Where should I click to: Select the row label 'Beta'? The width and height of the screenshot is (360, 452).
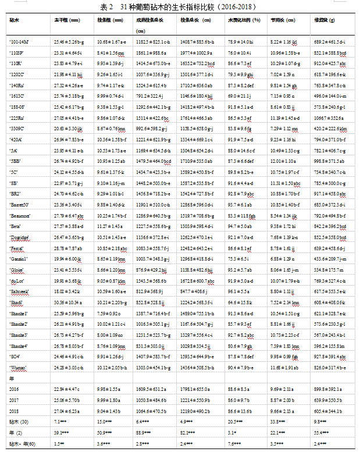[17, 226]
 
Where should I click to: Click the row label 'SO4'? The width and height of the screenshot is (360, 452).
[16, 357]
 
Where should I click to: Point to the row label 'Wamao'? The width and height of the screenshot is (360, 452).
[19, 367]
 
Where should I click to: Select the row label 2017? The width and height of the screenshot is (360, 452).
[15, 400]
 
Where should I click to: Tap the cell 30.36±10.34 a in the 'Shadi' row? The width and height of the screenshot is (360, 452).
[67, 302]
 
